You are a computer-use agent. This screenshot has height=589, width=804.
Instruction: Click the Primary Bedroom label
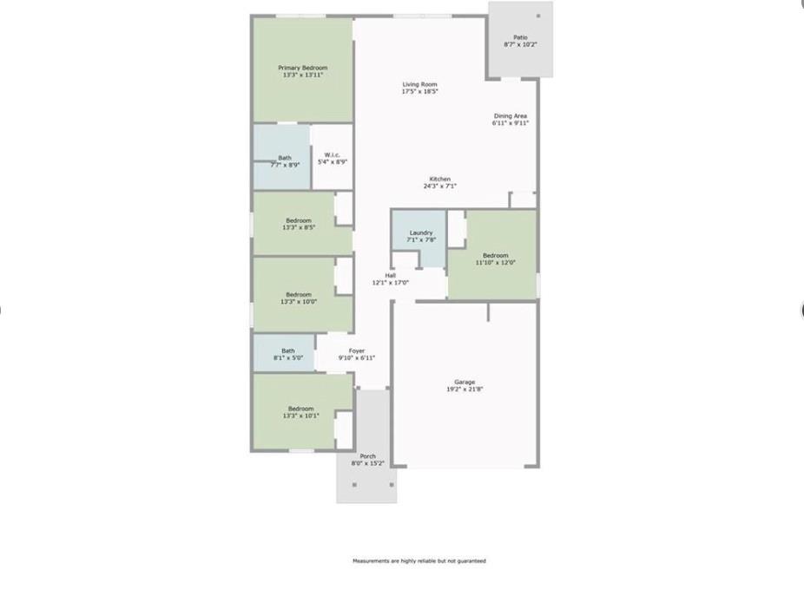coord(302,68)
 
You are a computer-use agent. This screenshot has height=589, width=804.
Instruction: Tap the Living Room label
coord(419,84)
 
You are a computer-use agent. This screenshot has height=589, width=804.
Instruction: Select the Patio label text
coord(520,37)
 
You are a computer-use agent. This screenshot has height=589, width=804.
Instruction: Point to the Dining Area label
coord(511,116)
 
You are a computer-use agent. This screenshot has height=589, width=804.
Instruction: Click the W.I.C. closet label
coord(332,155)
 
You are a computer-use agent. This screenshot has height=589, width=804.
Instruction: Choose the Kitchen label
coord(439,179)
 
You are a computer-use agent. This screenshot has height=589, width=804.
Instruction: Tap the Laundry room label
coord(421,232)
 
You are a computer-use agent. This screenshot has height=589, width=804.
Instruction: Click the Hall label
coord(391,276)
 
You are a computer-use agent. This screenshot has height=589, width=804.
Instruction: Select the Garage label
coord(465,382)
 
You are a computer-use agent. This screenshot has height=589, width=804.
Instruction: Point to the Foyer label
coord(357,351)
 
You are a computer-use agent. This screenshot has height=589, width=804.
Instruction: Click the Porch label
coord(368,456)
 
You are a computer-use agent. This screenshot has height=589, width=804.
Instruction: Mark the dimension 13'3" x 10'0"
coord(298,302)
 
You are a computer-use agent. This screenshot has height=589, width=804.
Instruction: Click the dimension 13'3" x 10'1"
coord(300,416)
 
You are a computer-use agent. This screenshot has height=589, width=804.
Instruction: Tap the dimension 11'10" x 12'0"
coord(496,262)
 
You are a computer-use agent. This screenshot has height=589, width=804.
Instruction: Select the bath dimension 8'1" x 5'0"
coord(288,357)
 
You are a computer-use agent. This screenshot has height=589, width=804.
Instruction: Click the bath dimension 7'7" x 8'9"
coord(285,164)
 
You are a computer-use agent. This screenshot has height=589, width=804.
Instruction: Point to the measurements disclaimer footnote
coord(418,561)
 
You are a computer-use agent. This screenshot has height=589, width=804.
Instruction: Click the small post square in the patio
coord(538,16)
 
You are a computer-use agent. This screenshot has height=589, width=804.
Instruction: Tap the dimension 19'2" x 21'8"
coord(465,389)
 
